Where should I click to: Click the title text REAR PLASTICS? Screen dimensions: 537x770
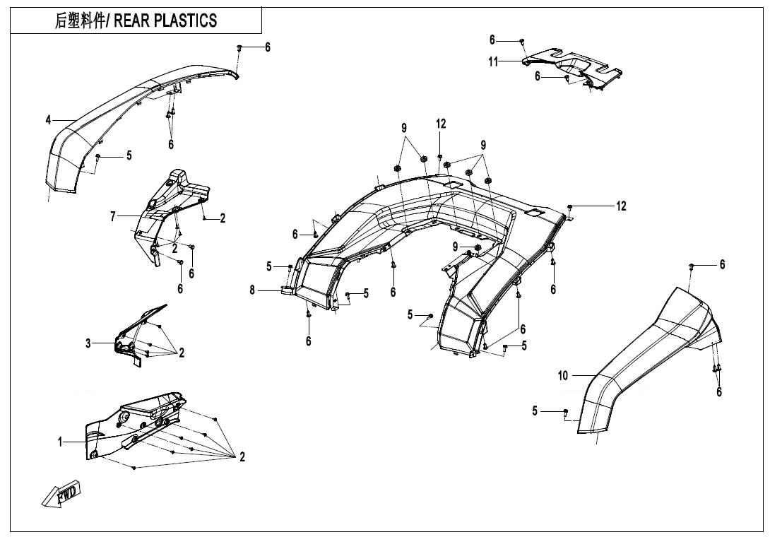coord(136,20)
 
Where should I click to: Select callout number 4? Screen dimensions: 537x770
coord(48,121)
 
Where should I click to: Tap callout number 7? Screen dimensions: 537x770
coord(112,216)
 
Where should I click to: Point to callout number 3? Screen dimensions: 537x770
coord(88,343)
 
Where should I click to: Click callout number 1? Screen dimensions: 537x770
coord(61,442)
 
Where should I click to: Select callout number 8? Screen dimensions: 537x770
coord(252,289)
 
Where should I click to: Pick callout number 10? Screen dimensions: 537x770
coord(563,376)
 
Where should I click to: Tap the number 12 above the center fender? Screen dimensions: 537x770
coord(441,124)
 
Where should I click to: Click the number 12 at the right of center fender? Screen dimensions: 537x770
coord(620,206)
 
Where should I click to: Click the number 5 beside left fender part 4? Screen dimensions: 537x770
coord(129,155)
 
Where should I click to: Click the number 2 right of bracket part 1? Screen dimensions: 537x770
coord(242,458)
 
